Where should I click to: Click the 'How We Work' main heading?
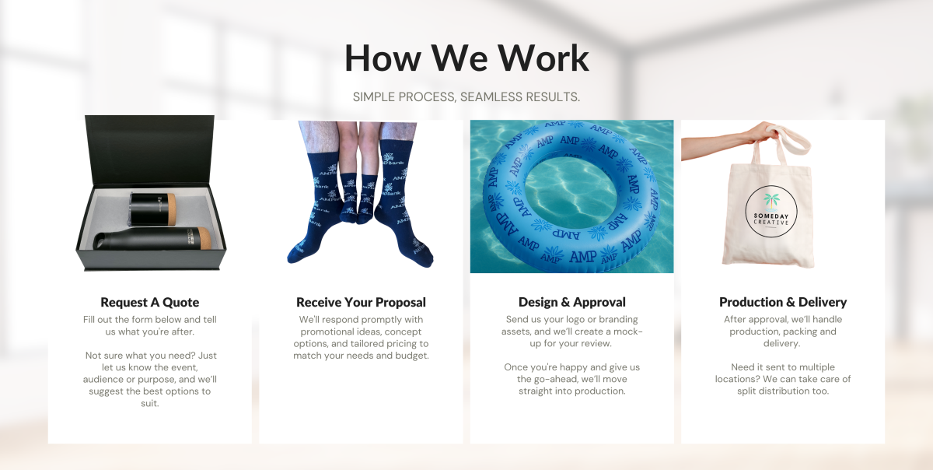coord(466,58)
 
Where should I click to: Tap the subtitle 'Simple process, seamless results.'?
coord(466,96)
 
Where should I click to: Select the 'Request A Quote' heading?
coord(150,303)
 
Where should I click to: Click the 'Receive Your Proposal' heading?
coord(361,303)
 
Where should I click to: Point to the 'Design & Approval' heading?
coord(572,302)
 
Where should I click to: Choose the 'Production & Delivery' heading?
coord(783,302)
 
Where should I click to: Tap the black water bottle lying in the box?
coord(152,239)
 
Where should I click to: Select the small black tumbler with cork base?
coord(152,209)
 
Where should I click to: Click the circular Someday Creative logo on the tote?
coord(771,212)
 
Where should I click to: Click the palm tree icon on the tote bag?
coord(771,201)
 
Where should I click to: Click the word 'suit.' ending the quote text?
coord(150,403)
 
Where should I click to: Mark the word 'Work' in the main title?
coord(543,58)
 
